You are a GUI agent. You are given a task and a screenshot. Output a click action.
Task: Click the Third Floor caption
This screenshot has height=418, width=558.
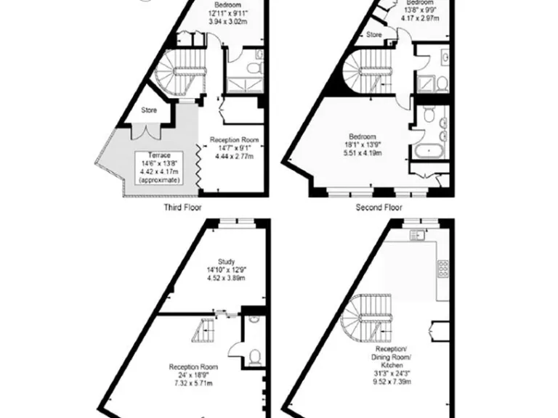182,207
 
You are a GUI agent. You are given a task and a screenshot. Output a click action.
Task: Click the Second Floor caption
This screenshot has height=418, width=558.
379,207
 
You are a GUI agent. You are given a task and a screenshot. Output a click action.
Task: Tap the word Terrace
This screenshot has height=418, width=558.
160,155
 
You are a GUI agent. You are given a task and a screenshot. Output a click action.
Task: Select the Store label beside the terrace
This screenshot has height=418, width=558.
149,111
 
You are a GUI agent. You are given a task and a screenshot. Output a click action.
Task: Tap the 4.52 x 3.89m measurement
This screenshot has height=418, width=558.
226,277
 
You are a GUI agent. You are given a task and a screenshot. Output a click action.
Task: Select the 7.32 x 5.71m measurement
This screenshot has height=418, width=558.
194,383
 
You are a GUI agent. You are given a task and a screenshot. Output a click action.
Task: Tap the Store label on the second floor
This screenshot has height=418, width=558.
373,34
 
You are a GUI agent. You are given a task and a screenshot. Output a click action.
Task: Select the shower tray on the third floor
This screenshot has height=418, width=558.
246,83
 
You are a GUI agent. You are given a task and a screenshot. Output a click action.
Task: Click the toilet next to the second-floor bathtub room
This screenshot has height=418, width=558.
428,114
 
